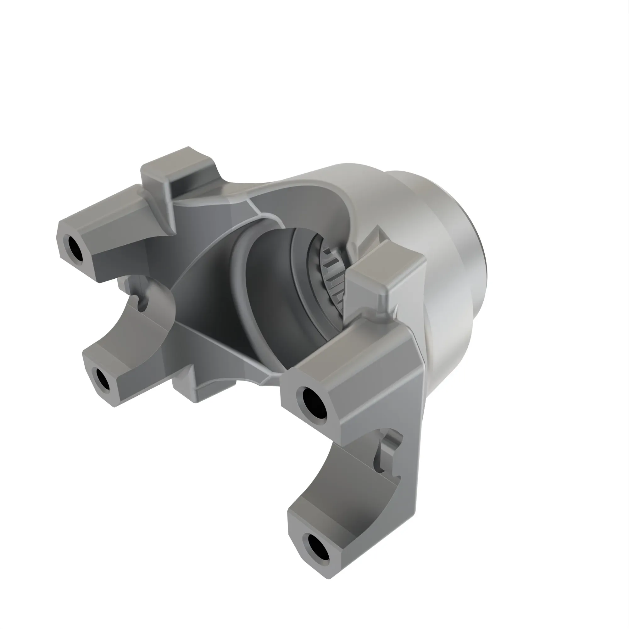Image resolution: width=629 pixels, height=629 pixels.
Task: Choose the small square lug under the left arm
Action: pyautogui.click(x=186, y=387)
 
